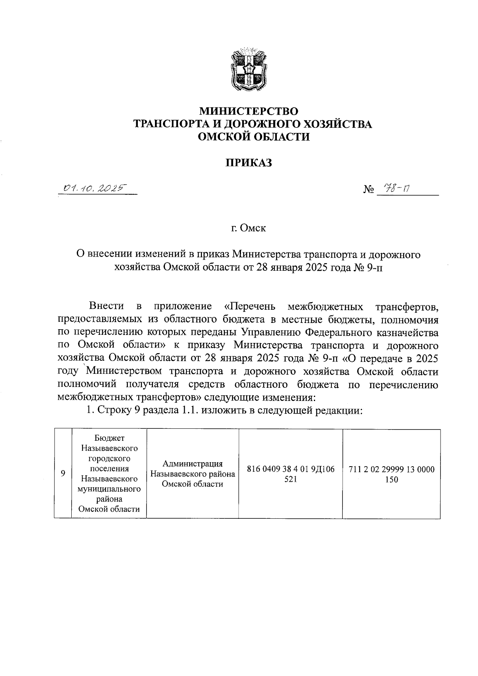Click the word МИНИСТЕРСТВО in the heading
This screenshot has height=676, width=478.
[249, 110]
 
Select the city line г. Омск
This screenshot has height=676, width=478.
[249, 229]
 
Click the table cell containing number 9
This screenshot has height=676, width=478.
[63, 473]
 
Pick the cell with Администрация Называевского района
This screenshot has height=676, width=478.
[192, 474]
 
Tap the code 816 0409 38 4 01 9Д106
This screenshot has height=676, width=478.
[290, 469]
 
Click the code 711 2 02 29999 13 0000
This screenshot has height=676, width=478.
[392, 469]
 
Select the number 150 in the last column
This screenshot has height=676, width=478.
[392, 480]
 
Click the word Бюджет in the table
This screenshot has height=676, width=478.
[110, 438]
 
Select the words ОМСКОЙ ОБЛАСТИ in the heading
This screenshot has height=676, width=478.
[254, 137]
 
